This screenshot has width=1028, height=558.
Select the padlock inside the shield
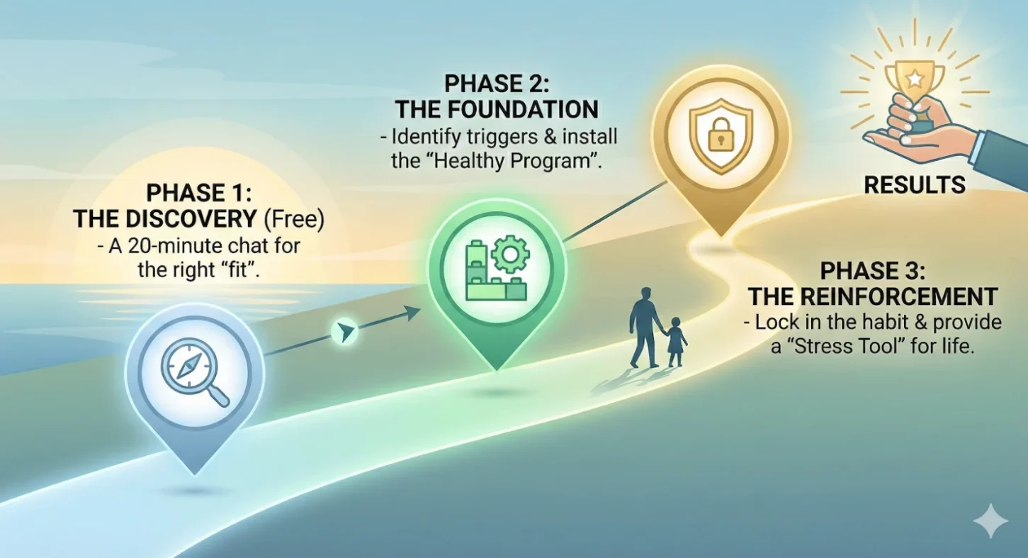click(x=721, y=134)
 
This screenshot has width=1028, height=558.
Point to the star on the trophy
click(x=915, y=79)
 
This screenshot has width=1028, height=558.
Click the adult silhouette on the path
click(x=645, y=328)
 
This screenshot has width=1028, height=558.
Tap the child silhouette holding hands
click(x=675, y=342)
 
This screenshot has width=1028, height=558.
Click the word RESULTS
click(x=915, y=185)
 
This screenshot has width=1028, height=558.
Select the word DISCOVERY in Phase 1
click(x=191, y=218)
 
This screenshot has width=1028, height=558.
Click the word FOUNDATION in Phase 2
click(x=523, y=110)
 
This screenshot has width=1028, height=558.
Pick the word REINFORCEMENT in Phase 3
click(x=898, y=296)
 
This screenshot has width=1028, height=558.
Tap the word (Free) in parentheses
click(x=294, y=218)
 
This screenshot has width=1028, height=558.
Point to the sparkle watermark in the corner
click(x=990, y=521)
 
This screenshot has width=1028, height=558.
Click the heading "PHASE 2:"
click(x=497, y=84)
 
